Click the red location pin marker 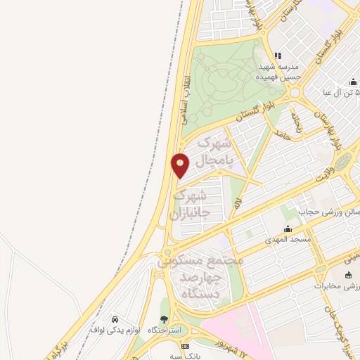tap(181, 165)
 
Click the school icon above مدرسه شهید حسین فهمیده tap(278, 56)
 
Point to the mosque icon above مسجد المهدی tap(287, 229)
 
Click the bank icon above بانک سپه tap(185, 347)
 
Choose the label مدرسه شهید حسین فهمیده tap(277, 71)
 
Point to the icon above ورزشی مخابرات tap(349, 274)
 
